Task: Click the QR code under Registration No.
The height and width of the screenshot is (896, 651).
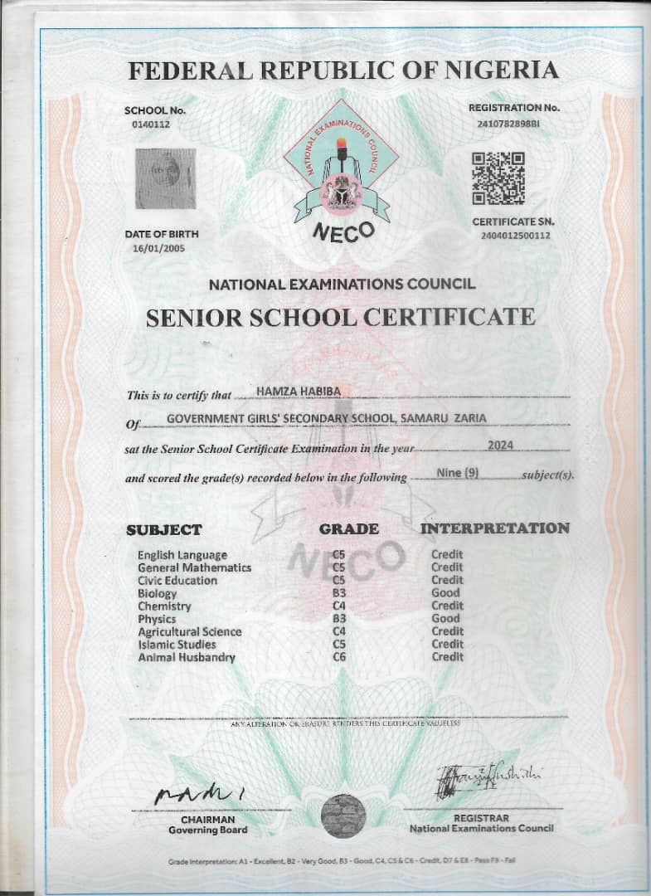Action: pyautogui.click(x=498, y=178)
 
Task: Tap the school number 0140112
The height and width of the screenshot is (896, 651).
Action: pyautogui.click(x=149, y=124)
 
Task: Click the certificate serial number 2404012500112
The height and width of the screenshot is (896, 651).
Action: pyautogui.click(x=514, y=236)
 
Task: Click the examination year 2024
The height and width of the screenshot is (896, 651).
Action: pyautogui.click(x=500, y=446)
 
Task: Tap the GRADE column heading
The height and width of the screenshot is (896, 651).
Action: pyautogui.click(x=349, y=528)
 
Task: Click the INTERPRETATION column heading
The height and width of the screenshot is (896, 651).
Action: pyautogui.click(x=495, y=528)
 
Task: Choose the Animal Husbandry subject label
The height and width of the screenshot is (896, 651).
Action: pyautogui.click(x=187, y=657)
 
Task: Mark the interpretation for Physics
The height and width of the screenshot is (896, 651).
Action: pyautogui.click(x=445, y=618)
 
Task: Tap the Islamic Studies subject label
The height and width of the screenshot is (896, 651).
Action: pyautogui.click(x=177, y=644)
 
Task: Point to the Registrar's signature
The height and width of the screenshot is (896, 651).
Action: pyautogui.click(x=488, y=778)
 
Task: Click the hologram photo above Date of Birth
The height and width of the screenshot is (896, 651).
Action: pyautogui.click(x=165, y=178)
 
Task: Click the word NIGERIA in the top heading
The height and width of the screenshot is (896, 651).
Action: pyautogui.click(x=503, y=71)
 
